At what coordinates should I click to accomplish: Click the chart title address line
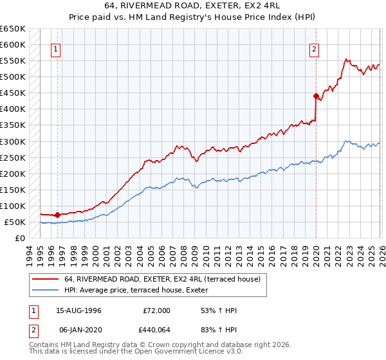point(192,6)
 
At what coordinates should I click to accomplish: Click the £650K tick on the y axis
point(12,29)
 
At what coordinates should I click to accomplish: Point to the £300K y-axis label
point(12,141)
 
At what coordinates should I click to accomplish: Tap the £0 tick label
point(20,238)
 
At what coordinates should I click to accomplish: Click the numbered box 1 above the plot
point(56,49)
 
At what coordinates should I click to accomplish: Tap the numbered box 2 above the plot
point(315,49)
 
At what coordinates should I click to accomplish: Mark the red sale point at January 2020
point(316,96)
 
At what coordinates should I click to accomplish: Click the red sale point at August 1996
point(58,215)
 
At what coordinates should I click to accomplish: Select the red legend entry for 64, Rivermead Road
point(161,279)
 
